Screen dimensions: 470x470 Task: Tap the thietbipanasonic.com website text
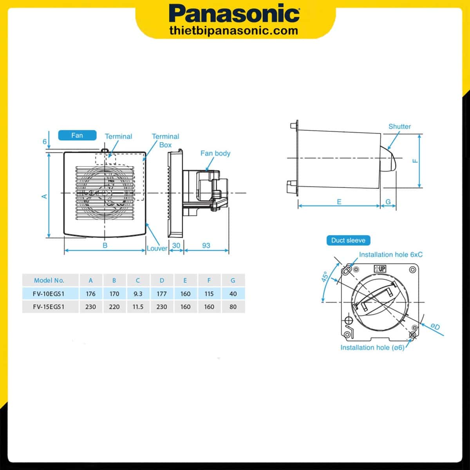(234, 31)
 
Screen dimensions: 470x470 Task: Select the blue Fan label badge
(77, 135)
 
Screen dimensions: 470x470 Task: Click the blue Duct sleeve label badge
(348, 240)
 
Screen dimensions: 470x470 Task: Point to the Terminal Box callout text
(165, 140)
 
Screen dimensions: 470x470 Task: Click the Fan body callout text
(215, 153)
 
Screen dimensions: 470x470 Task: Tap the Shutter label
(399, 127)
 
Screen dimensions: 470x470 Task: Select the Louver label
(157, 248)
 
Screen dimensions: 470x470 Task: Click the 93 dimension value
(206, 246)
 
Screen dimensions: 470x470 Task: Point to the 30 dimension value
(176, 246)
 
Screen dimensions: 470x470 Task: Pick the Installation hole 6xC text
(390, 255)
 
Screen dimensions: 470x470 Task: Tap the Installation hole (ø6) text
(372, 347)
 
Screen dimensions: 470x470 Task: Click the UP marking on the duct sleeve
(380, 269)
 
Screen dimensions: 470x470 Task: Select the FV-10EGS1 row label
(49, 294)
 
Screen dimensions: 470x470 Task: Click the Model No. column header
(49, 280)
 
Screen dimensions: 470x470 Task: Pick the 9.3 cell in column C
(138, 294)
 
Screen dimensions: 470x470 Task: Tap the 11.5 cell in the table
(138, 307)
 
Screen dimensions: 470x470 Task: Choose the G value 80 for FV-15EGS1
(233, 307)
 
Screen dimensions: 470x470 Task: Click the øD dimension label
(435, 327)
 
